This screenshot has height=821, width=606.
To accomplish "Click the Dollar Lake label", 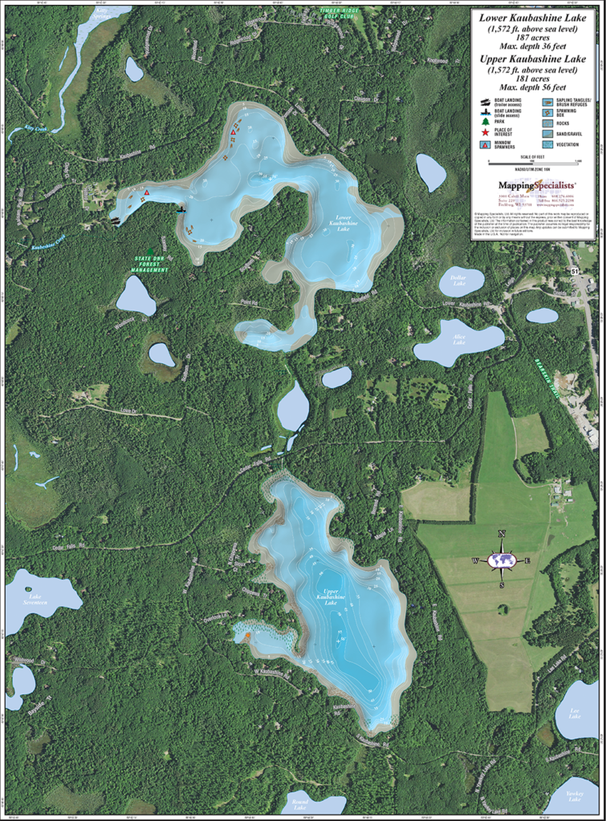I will click(x=459, y=282).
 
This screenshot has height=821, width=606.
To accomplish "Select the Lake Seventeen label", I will click(x=36, y=597).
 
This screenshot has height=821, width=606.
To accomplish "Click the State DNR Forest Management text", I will click(x=151, y=264).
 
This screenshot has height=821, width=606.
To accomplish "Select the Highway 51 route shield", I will click(x=575, y=273).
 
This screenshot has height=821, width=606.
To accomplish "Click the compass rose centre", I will click(x=502, y=560).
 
